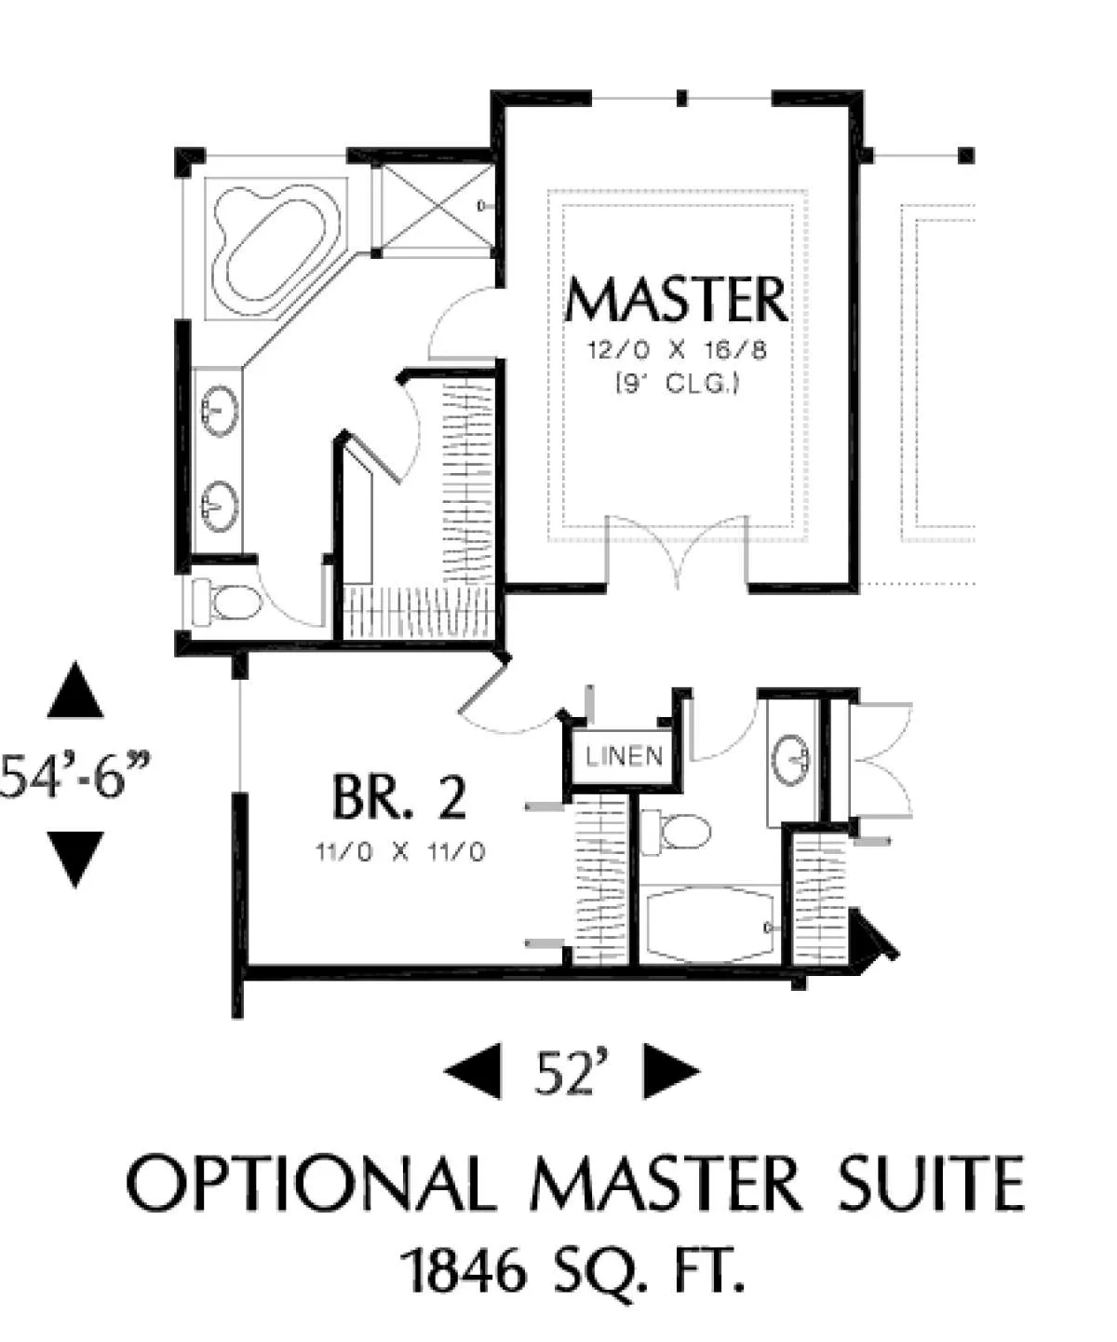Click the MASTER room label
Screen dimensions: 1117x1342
pos(677,299)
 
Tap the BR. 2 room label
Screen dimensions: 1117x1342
pos(399,797)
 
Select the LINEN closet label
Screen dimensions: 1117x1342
pos(625,756)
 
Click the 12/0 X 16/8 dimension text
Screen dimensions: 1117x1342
pos(677,351)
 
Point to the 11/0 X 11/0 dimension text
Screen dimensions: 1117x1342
pos(399,853)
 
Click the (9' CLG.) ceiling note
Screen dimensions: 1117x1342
pos(678,384)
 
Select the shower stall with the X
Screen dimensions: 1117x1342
pos(434,210)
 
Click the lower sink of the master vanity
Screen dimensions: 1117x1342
pos(220,507)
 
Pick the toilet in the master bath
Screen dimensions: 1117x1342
pos(227,603)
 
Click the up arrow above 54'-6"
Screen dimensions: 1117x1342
pos(75,690)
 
